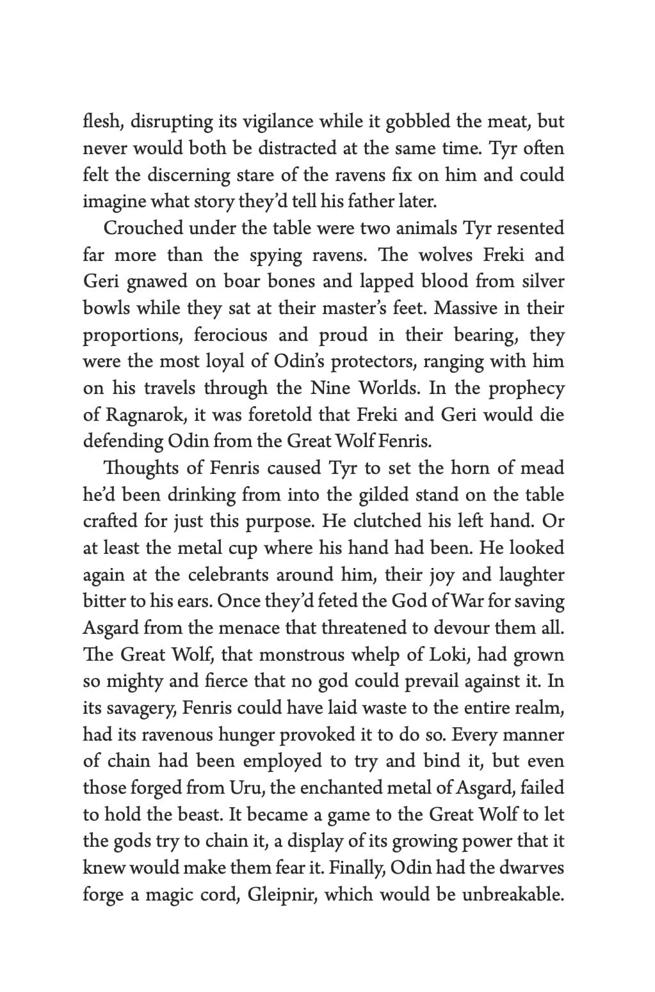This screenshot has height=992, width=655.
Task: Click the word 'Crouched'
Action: [142, 228]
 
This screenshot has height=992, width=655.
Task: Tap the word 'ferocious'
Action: [230, 335]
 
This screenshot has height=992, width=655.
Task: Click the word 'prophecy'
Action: [526, 389]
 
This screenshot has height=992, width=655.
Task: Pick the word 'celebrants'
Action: [228, 575]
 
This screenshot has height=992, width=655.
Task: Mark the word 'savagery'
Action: [136, 708]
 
